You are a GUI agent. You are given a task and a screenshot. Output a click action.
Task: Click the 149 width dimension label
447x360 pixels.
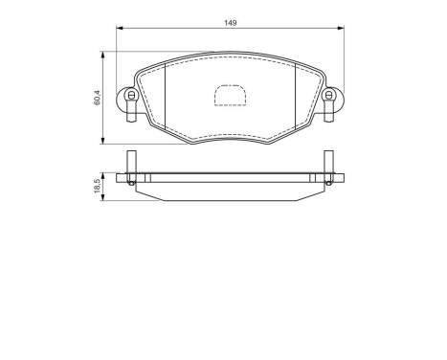pos(230,21)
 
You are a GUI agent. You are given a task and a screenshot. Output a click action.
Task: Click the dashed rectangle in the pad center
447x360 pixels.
pos(230,97)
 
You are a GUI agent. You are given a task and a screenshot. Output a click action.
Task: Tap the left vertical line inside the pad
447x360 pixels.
pos(166,97)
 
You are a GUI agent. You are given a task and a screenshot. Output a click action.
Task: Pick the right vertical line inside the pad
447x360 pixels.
pos(293,97)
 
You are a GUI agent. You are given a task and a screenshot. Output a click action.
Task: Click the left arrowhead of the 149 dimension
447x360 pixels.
pos(120,30)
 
